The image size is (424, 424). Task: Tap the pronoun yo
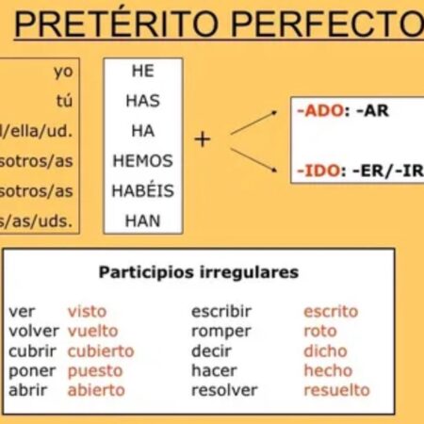pos(63,72)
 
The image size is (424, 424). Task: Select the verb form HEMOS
pos(142,161)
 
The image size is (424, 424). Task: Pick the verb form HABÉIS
pos(142,191)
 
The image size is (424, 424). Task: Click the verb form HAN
pos(142,221)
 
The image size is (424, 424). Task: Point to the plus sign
pos(203,139)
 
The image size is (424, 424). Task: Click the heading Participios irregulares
pos(199,272)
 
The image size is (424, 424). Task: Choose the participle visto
pos(87,311)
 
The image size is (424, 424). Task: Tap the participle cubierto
pos(101,351)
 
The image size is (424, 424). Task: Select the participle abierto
pos(95,390)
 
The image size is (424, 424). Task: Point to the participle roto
pos(319,331)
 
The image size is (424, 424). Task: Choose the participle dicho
pos(326,351)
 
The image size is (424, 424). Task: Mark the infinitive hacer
pos(214,370)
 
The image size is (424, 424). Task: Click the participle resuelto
pos(336,390)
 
